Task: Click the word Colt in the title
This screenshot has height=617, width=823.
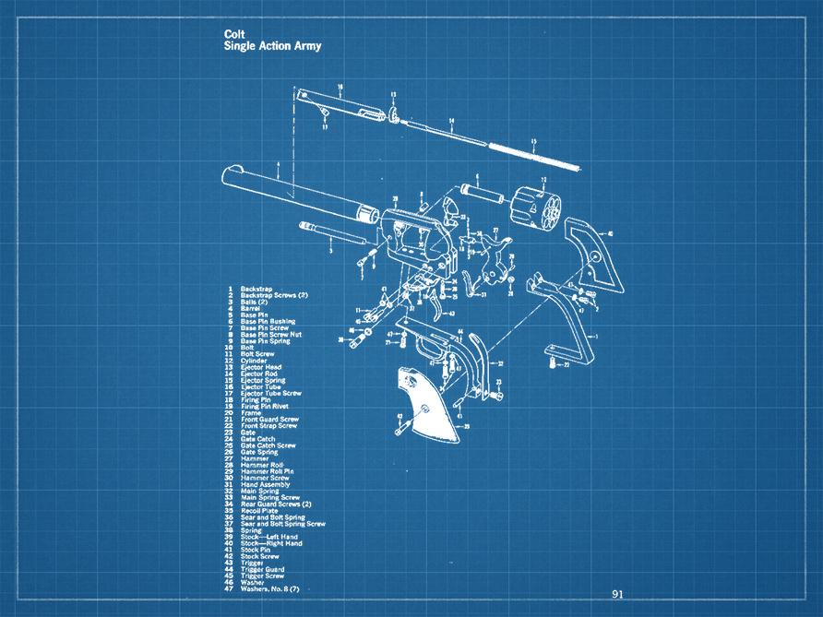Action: (x=234, y=34)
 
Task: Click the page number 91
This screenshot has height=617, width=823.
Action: (x=617, y=594)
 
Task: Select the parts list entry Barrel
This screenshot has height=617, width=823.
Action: (x=252, y=308)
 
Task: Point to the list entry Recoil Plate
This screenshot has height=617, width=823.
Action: (x=260, y=510)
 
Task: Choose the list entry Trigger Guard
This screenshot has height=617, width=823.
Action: (x=262, y=569)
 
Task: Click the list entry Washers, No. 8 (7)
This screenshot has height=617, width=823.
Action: (x=269, y=588)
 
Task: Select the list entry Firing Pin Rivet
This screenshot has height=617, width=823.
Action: (x=266, y=406)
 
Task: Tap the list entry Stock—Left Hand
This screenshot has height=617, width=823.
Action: (x=269, y=537)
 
